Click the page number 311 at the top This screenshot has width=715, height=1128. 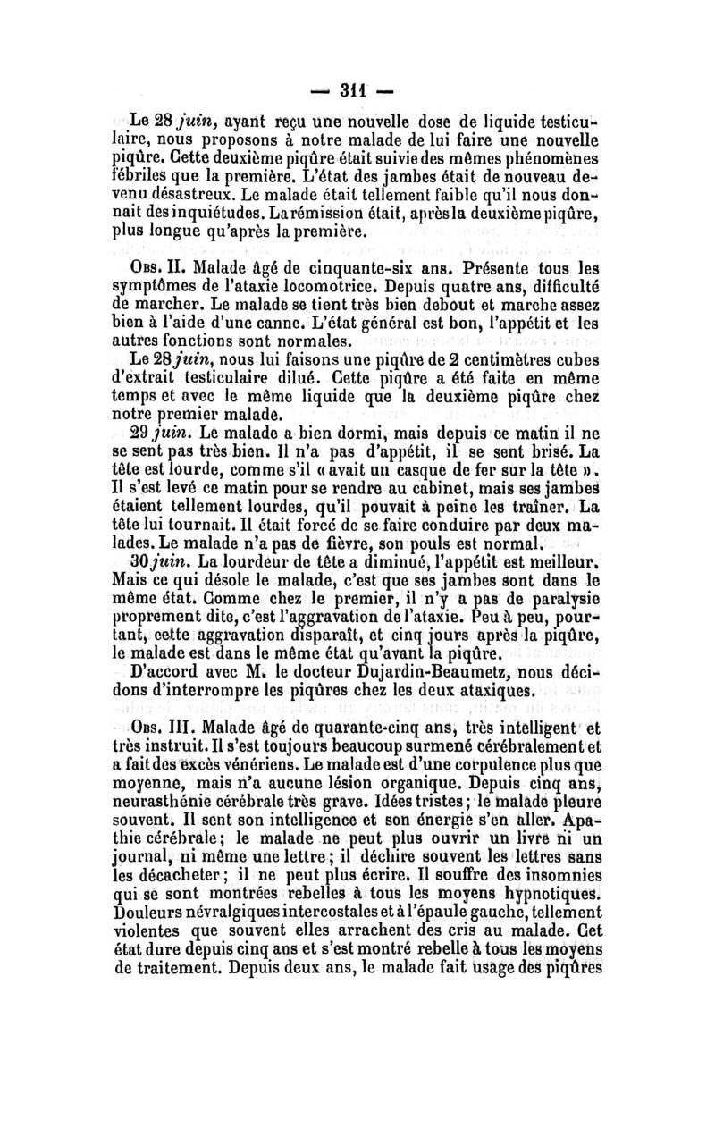pyautogui.click(x=357, y=89)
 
